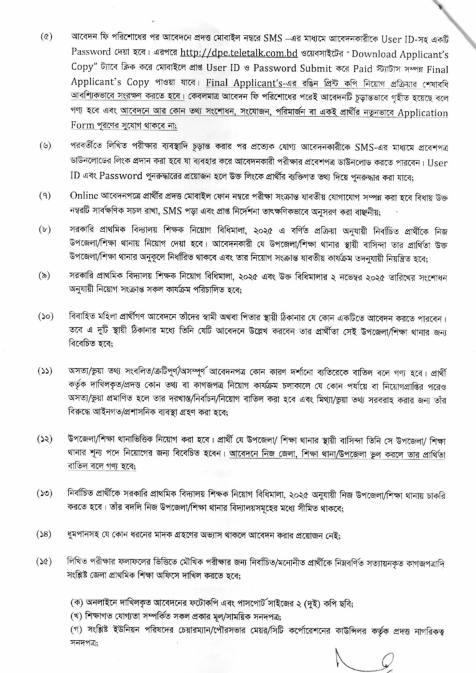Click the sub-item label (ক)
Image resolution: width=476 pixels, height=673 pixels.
(x=76, y=601)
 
